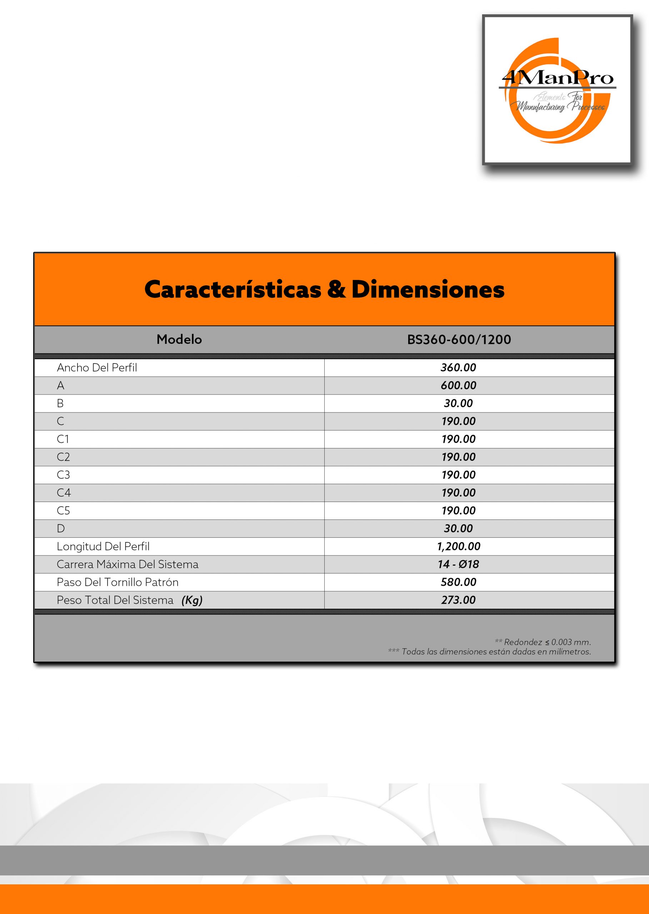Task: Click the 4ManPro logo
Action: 557,90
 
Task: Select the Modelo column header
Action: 179,340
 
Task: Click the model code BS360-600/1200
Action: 459,340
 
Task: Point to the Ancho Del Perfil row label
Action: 97,367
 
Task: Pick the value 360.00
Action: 458,367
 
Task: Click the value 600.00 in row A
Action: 458,386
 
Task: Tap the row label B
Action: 60,403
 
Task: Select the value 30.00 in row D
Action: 458,528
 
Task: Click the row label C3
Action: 63,475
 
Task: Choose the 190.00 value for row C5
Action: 458,511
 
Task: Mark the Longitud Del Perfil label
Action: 103,547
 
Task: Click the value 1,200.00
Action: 458,547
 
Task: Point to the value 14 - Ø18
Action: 458,564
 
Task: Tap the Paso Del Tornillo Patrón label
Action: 118,582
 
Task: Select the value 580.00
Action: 458,582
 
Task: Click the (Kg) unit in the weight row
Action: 192,600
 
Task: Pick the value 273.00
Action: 458,600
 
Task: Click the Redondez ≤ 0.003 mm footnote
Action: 543,642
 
